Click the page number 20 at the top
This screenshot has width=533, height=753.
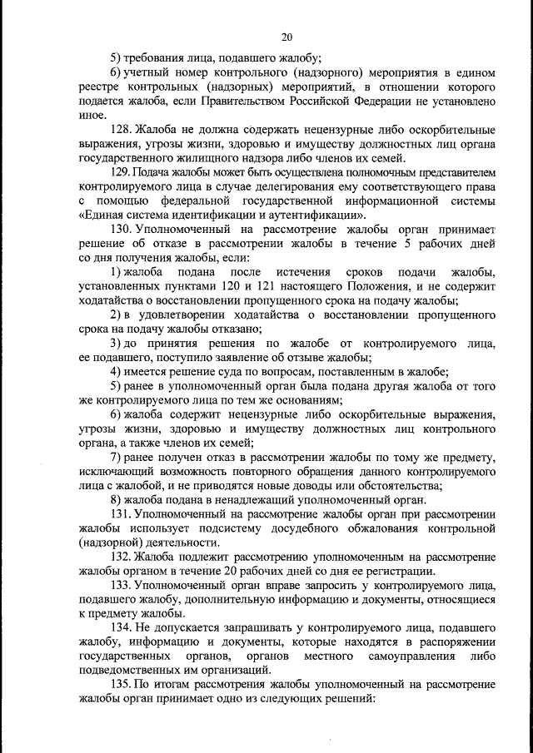click(x=287, y=37)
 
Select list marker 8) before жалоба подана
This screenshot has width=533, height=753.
click(x=116, y=499)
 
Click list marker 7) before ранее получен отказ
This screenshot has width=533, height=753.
click(x=116, y=457)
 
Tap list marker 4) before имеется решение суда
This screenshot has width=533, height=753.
click(x=116, y=372)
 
